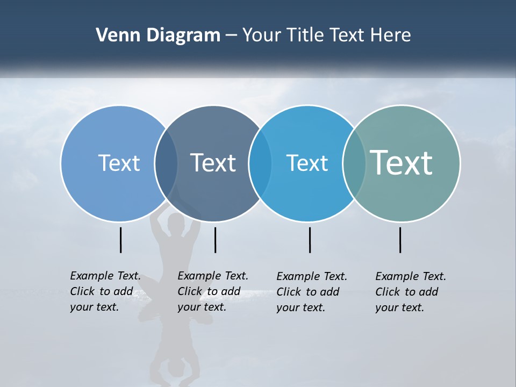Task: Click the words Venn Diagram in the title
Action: point(158,35)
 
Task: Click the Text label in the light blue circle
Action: point(119,163)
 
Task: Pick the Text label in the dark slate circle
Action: point(213,163)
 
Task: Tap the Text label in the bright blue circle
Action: point(307,163)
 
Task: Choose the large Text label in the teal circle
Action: point(402,162)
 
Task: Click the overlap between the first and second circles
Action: point(166,163)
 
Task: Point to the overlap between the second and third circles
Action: point(260,163)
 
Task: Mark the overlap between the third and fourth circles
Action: point(354,163)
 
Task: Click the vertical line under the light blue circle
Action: point(120,240)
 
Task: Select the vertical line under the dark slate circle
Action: point(215,240)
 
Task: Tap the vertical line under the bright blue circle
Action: point(310,240)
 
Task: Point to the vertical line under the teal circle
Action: point(400,240)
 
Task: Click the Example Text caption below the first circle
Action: point(105,291)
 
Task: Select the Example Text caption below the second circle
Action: point(213,291)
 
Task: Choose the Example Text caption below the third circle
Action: point(312,292)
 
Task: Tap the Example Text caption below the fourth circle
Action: point(411,292)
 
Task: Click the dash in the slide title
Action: point(231,36)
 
